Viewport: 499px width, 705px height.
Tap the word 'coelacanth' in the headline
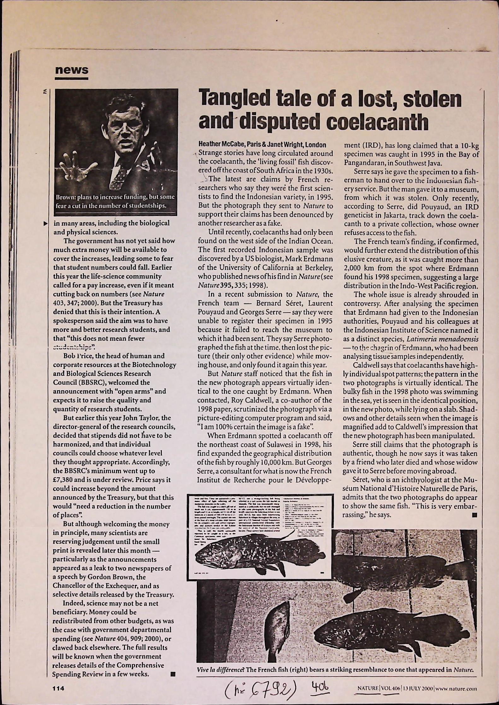tap(377, 122)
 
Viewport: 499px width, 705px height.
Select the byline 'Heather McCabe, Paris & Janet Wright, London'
tap(262, 145)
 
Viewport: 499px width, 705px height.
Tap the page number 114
tap(58, 689)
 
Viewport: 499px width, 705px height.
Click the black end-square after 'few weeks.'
tap(172, 674)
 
